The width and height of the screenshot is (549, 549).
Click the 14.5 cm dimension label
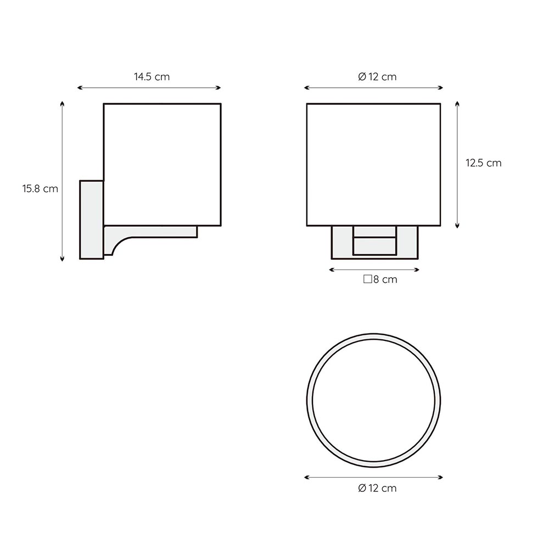[152, 77]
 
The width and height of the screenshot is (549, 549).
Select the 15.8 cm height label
[40, 189]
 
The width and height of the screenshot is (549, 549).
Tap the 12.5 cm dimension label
[484, 163]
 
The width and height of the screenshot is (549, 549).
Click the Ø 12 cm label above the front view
[378, 77]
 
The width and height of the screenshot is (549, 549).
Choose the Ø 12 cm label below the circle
[378, 488]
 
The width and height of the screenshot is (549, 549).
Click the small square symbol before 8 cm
[368, 279]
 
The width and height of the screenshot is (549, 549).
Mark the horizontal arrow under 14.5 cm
[149, 87]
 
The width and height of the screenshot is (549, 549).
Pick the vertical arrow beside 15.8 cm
[63, 181]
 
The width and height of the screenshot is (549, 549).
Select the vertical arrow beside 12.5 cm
[457, 165]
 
